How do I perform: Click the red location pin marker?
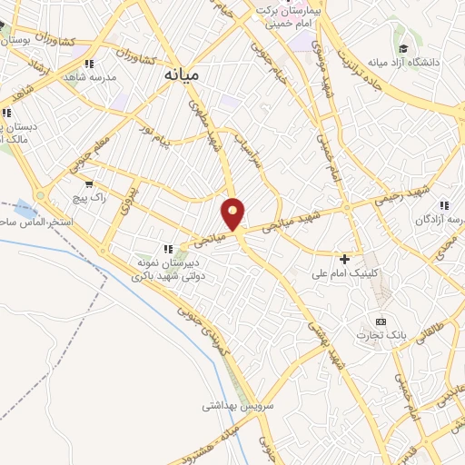click(x=233, y=214)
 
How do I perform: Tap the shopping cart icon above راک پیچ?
click(x=89, y=183)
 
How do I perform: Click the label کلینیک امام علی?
click(x=342, y=272)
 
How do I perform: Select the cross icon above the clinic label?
click(x=344, y=259)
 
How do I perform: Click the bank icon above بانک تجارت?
click(x=381, y=322)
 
